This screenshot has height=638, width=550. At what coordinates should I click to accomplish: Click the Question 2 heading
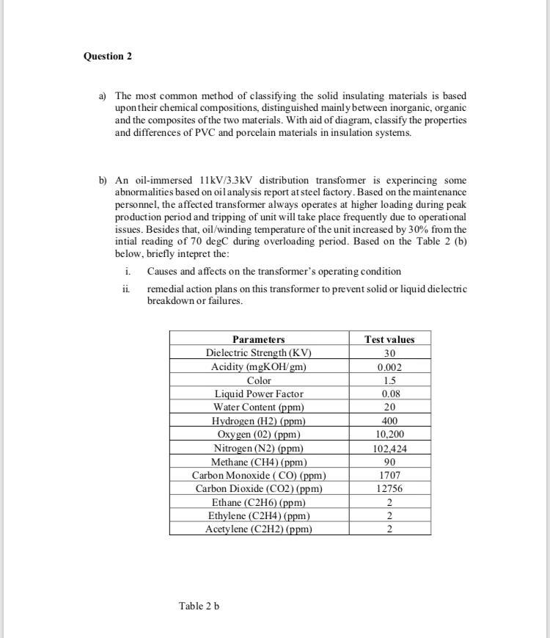(x=108, y=57)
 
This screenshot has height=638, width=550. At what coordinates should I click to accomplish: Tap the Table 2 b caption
(x=199, y=606)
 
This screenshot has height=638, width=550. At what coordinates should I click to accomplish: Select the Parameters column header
(x=258, y=339)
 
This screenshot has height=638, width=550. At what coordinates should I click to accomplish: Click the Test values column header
(x=389, y=339)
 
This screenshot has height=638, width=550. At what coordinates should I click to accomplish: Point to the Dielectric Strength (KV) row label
(x=258, y=352)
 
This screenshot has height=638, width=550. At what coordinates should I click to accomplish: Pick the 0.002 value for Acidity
(x=389, y=366)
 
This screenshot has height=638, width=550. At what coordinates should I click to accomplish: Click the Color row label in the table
(x=258, y=380)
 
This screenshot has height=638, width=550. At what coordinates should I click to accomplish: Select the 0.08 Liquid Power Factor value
(x=389, y=394)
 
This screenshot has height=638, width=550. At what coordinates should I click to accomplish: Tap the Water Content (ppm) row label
(x=258, y=407)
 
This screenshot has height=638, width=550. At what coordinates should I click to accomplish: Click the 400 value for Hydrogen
(x=389, y=421)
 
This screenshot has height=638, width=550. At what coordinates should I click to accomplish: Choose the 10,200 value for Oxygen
(x=389, y=434)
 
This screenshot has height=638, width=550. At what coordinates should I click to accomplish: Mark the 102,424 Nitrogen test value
(x=389, y=448)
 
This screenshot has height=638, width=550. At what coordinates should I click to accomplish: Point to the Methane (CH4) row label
(x=258, y=462)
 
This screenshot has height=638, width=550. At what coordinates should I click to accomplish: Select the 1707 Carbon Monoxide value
(x=389, y=475)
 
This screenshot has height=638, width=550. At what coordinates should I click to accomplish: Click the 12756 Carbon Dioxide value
(x=389, y=488)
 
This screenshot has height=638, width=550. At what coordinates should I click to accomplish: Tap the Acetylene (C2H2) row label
(x=258, y=529)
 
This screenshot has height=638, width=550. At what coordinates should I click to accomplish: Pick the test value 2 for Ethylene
(x=389, y=515)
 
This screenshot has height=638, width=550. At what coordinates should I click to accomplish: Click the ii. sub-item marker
(x=126, y=289)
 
